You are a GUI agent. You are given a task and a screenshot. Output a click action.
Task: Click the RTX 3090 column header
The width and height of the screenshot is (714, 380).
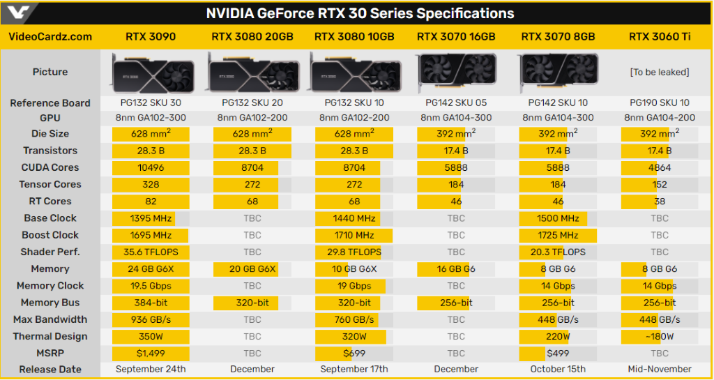(151, 36)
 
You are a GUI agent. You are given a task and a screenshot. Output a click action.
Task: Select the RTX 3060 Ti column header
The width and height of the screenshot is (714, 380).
(660, 36)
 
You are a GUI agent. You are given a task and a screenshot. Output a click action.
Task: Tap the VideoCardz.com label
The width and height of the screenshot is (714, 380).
(50, 36)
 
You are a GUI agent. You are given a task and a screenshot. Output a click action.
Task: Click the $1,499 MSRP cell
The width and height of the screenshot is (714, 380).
(151, 353)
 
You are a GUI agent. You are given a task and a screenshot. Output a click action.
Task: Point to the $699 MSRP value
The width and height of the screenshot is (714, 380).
(354, 353)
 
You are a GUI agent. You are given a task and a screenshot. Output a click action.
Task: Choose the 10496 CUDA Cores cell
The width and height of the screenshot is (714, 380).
(151, 167)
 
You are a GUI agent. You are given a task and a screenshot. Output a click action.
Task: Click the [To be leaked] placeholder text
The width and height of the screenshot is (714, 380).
(660, 72)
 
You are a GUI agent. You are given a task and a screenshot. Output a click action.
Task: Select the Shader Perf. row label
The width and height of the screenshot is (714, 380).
(50, 252)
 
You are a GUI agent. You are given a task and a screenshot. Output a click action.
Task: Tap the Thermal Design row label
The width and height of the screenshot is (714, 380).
(50, 336)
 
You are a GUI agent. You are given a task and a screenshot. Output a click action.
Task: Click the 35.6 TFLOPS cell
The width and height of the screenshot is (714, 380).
(151, 252)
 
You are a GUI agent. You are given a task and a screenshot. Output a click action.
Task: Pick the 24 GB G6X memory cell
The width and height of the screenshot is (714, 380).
(151, 268)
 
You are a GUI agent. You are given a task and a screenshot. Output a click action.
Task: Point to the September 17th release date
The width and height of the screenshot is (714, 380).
(354, 370)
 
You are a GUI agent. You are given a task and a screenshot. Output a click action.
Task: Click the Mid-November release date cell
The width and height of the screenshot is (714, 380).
(660, 370)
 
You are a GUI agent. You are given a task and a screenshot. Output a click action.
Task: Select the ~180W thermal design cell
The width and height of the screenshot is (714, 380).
(660, 336)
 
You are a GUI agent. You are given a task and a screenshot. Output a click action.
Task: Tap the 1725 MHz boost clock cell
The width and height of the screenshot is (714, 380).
(559, 235)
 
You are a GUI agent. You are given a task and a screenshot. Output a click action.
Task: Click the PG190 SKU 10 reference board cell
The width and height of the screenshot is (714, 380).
(660, 103)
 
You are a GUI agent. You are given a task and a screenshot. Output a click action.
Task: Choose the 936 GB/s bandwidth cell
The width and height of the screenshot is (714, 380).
(151, 319)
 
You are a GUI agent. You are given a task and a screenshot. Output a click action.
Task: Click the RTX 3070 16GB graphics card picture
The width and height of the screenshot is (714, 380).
(456, 72)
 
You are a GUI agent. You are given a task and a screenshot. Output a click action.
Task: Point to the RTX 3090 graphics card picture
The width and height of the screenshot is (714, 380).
(151, 72)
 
